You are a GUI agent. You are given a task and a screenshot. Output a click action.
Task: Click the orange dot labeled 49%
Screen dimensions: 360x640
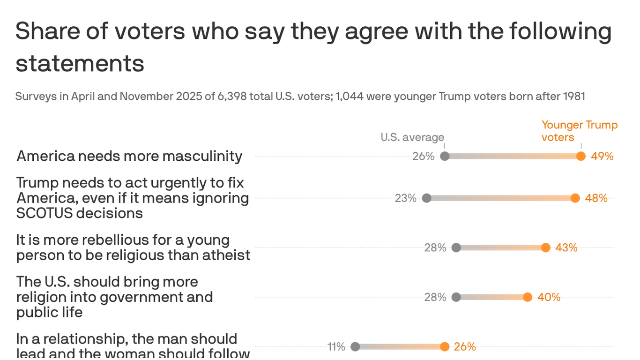pos(581,156)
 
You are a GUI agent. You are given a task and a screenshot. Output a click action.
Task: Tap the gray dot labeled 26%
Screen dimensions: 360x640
pos(445,156)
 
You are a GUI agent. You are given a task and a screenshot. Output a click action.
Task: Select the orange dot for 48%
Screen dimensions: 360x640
pos(575,198)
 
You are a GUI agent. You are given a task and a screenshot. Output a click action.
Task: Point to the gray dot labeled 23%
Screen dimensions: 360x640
pos(426,198)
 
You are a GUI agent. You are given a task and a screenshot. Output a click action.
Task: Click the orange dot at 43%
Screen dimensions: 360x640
pos(545,247)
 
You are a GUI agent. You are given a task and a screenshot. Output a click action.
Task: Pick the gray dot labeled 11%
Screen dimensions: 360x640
pos(355,346)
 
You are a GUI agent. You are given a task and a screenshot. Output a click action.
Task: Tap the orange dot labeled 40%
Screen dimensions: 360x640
pos(528,297)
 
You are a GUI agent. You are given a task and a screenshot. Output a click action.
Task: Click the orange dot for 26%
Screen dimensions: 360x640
pos(445,346)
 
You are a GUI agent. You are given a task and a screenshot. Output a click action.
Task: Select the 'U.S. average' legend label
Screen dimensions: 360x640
pos(412,137)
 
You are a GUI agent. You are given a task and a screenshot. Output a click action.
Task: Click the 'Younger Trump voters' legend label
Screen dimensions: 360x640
pos(579,131)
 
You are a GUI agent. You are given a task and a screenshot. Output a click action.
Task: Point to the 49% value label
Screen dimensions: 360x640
pos(603,156)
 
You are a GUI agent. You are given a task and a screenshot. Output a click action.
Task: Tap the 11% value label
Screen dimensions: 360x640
pos(336,346)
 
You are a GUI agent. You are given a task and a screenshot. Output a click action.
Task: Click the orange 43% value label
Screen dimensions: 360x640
pos(566,247)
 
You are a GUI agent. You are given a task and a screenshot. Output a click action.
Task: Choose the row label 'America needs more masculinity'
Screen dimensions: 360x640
pos(129,156)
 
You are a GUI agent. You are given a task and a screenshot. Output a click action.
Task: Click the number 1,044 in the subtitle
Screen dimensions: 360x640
pos(350,97)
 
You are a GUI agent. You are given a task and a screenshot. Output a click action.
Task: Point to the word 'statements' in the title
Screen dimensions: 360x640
pos(80,63)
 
